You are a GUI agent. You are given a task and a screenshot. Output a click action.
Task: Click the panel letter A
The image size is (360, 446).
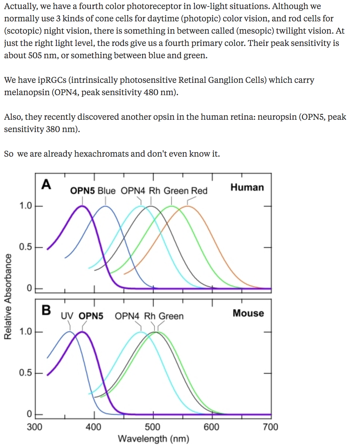(x=46, y=184)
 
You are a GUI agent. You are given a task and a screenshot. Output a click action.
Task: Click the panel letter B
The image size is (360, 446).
(x=46, y=310)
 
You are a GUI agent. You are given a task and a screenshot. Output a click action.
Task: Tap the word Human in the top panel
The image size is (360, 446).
(x=247, y=187)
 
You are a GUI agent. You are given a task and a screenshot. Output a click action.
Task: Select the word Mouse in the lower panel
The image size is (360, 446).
(x=248, y=313)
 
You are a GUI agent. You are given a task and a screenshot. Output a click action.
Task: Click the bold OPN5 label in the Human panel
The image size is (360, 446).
(x=82, y=191)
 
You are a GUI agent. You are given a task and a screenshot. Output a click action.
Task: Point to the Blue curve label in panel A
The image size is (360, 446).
(x=106, y=191)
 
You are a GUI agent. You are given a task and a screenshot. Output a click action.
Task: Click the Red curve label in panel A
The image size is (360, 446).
(x=199, y=191)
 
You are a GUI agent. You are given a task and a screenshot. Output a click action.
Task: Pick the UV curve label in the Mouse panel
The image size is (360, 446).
(x=67, y=316)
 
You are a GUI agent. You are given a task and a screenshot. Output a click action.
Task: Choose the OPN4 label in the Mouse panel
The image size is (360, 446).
(x=127, y=316)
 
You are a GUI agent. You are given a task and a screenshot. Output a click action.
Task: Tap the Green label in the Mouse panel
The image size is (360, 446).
(x=171, y=316)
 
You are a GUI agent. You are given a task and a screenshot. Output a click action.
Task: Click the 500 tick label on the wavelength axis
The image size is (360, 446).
(x=152, y=427)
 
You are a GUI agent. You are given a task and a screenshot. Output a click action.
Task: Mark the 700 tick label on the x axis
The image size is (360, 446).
(x=270, y=427)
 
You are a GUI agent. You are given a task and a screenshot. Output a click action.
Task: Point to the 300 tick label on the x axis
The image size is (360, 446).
(x=35, y=427)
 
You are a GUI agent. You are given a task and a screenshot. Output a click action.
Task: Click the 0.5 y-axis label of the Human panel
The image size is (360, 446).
(x=25, y=247)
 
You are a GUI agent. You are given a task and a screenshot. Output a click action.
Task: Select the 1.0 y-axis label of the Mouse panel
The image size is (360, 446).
(x=25, y=332)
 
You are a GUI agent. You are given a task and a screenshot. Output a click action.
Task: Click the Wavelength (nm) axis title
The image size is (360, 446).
(x=153, y=439)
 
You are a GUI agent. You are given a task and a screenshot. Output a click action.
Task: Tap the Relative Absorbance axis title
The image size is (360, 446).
(x=8, y=296)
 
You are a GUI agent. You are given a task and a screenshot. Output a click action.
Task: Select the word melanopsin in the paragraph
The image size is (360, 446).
(x=27, y=93)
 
